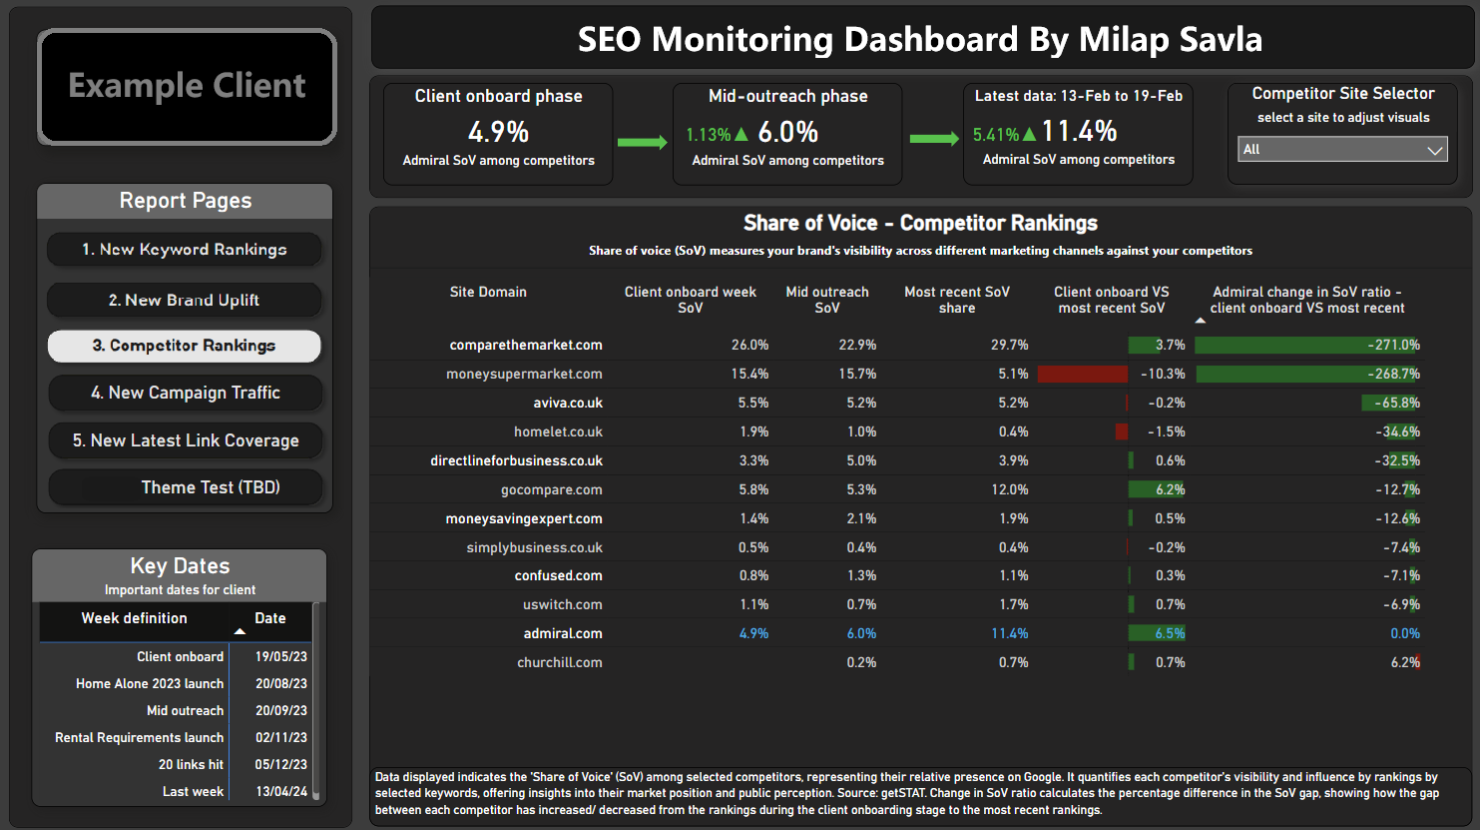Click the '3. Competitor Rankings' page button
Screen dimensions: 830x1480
coord(184,346)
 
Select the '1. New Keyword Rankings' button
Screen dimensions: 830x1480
coord(184,250)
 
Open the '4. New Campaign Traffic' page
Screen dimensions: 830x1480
coord(185,393)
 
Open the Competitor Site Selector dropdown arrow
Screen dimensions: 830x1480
coord(1434,150)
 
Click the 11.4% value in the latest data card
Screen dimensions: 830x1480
coord(1079,131)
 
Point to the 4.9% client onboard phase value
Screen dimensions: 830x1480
coord(498,132)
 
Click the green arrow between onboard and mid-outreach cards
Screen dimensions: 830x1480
coord(642,142)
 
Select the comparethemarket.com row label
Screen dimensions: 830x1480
coord(526,345)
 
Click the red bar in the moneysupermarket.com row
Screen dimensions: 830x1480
coord(1083,374)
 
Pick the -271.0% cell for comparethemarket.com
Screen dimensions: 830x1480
coord(1393,345)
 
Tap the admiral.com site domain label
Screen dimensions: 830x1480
coord(563,633)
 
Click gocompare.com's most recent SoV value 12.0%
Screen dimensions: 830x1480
coord(1010,489)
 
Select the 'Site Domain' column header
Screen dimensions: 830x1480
coord(488,292)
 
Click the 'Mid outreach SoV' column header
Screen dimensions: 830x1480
coord(827,300)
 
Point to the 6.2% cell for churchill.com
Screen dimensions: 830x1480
coord(1404,662)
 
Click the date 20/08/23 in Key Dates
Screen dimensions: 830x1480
coord(280,683)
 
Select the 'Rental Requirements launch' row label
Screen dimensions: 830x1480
coord(139,737)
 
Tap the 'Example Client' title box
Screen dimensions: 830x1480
coord(187,86)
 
